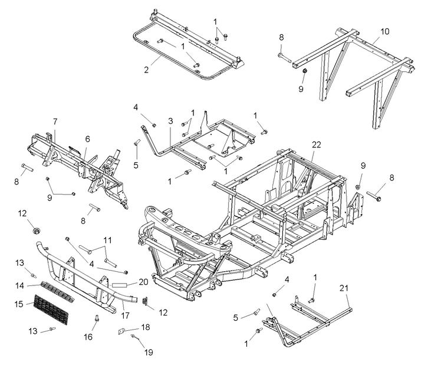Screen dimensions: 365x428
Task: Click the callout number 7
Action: pos(55,122)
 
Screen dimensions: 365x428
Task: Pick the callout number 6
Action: pos(87,139)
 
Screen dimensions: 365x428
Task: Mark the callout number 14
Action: pos(19,285)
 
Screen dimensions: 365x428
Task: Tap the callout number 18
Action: pos(146,327)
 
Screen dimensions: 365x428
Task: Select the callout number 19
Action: pos(148,352)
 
